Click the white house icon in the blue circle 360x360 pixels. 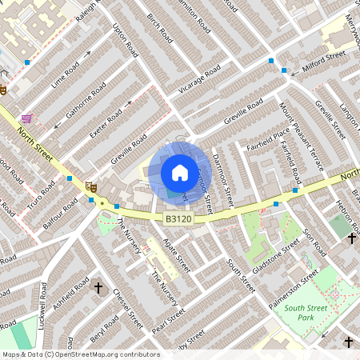[x=179, y=172]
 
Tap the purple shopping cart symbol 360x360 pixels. [x=27, y=118]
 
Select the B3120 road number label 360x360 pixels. [x=178, y=218]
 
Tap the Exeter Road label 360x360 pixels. [x=109, y=118]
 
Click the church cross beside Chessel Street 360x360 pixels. [x=99, y=286]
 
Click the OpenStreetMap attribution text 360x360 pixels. [x=80, y=354]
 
